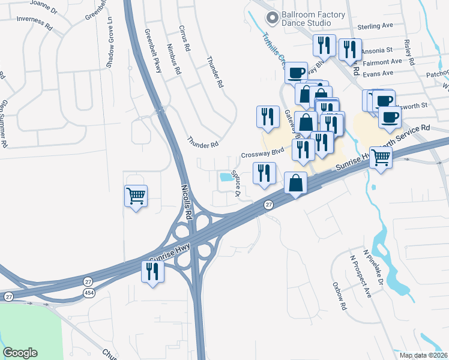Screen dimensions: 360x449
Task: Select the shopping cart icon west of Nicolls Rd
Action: (x=136, y=196)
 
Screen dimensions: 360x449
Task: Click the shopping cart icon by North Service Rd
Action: (x=381, y=158)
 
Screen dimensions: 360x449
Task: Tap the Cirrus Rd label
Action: (x=184, y=38)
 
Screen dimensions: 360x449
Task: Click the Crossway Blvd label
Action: (x=262, y=154)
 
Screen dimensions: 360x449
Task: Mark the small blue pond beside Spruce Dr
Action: (x=227, y=177)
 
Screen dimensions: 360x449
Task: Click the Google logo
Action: (x=20, y=353)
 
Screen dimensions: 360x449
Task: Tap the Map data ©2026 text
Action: (x=423, y=355)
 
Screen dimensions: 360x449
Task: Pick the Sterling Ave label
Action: (x=375, y=26)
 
